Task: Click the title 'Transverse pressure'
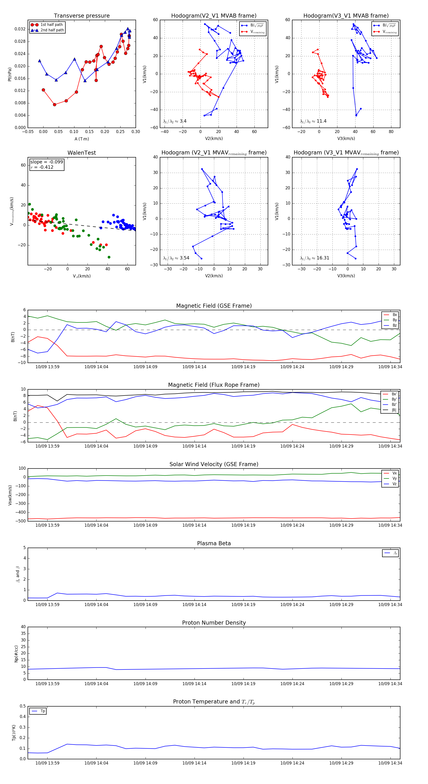(82, 16)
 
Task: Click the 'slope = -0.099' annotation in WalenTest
(47, 162)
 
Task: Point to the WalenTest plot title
(82, 153)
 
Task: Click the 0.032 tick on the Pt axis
(20, 29)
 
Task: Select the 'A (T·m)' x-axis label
(82, 139)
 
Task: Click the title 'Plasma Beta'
(214, 543)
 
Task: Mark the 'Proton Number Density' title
(214, 622)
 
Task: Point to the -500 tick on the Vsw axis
(22, 521)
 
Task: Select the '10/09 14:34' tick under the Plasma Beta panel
(390, 604)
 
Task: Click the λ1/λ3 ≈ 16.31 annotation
(314, 258)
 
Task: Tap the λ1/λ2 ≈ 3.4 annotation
(175, 121)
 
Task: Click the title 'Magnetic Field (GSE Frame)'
(214, 306)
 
